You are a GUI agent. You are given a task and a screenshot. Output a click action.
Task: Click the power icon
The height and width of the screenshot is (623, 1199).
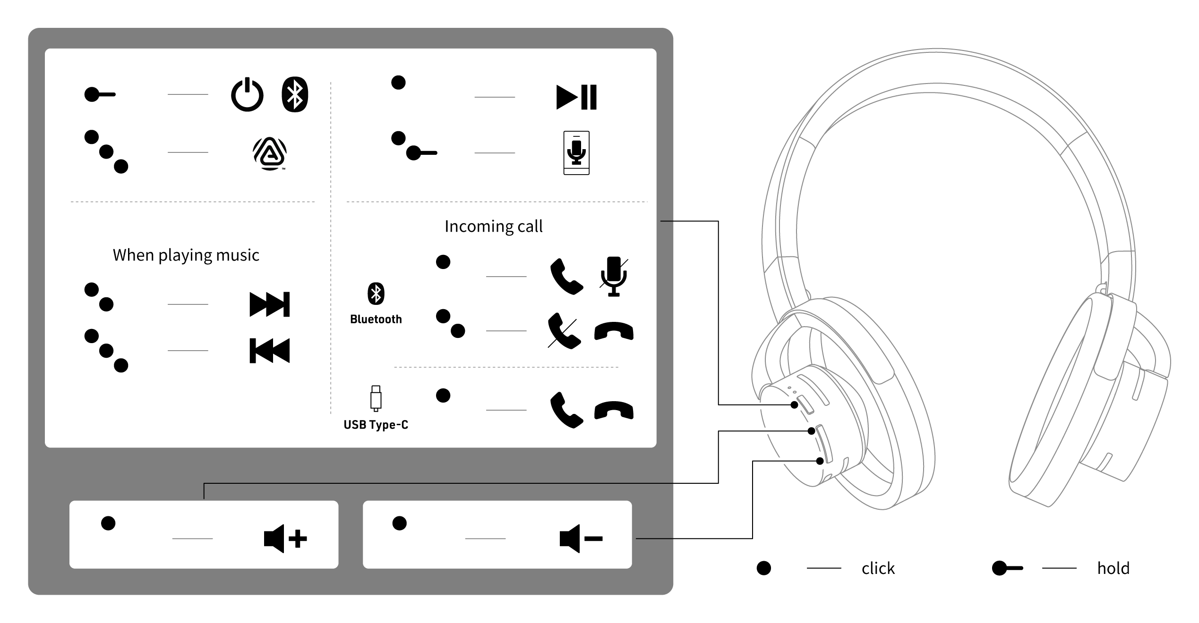coord(247,95)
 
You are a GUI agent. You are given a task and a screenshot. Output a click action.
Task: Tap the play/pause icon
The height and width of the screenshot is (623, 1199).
coord(576,97)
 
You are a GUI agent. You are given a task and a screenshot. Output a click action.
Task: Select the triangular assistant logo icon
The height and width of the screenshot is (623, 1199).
coord(269,153)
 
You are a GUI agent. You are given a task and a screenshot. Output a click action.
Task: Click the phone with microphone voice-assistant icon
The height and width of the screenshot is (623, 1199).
coord(576,153)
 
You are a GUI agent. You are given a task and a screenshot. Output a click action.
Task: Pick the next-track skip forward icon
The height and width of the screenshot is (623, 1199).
coord(269,304)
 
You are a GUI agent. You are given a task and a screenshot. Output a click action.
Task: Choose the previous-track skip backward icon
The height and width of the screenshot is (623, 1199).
coord(269,351)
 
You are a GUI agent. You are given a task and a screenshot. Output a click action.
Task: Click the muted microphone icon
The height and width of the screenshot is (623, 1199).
coord(614,277)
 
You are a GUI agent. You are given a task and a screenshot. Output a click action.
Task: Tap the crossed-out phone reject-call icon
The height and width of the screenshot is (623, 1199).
coord(565,331)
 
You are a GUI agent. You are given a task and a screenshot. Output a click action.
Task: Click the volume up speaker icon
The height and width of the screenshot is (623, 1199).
coord(285,539)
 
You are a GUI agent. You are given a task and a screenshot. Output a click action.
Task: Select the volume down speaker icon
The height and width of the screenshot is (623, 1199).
coord(581,539)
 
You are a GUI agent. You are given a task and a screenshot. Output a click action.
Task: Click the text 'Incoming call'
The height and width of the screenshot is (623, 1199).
coord(493,227)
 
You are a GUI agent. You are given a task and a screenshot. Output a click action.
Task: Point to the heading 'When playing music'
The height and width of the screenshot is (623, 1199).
coord(186,255)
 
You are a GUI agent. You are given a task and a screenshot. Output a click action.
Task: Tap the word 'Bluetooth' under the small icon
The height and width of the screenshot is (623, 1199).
coord(376,320)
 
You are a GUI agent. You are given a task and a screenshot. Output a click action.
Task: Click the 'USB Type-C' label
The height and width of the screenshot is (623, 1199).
coord(376,425)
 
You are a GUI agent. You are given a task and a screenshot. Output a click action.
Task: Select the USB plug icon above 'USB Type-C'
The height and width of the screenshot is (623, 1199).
coord(376,398)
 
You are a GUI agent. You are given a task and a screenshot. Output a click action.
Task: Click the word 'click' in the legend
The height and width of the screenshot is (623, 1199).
coord(878,568)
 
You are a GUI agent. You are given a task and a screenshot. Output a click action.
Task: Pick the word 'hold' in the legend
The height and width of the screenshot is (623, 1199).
coord(1113,568)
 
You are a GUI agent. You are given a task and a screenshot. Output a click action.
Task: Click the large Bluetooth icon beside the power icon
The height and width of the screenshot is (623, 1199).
coord(295,95)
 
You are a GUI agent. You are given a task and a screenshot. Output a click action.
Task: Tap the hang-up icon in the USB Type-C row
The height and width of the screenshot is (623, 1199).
coord(614,410)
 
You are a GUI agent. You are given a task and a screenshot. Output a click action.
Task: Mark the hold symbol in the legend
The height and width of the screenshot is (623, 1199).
coord(1007,568)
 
